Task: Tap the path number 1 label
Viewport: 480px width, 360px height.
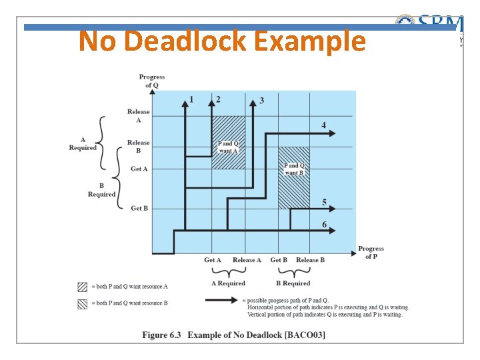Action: [192, 99]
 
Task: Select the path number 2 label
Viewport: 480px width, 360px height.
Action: [219, 99]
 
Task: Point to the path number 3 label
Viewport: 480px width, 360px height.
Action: [261, 101]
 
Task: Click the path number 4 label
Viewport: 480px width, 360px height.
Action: [323, 125]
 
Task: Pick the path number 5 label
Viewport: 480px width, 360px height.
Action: [324, 202]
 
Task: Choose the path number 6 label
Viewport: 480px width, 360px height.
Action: [324, 224]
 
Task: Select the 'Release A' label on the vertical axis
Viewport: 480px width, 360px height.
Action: [139, 116]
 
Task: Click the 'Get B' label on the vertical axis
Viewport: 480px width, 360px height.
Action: [139, 209]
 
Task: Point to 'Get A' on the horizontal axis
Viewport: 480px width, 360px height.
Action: [213, 260]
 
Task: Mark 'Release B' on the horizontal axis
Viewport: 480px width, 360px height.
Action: [310, 260]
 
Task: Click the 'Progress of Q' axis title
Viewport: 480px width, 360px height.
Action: [152, 81]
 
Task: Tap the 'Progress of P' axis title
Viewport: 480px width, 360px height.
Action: [371, 253]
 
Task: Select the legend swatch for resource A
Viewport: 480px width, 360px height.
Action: [82, 287]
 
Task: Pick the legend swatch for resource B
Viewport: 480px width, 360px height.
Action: [82, 303]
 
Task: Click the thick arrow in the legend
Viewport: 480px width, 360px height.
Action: [224, 301]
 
